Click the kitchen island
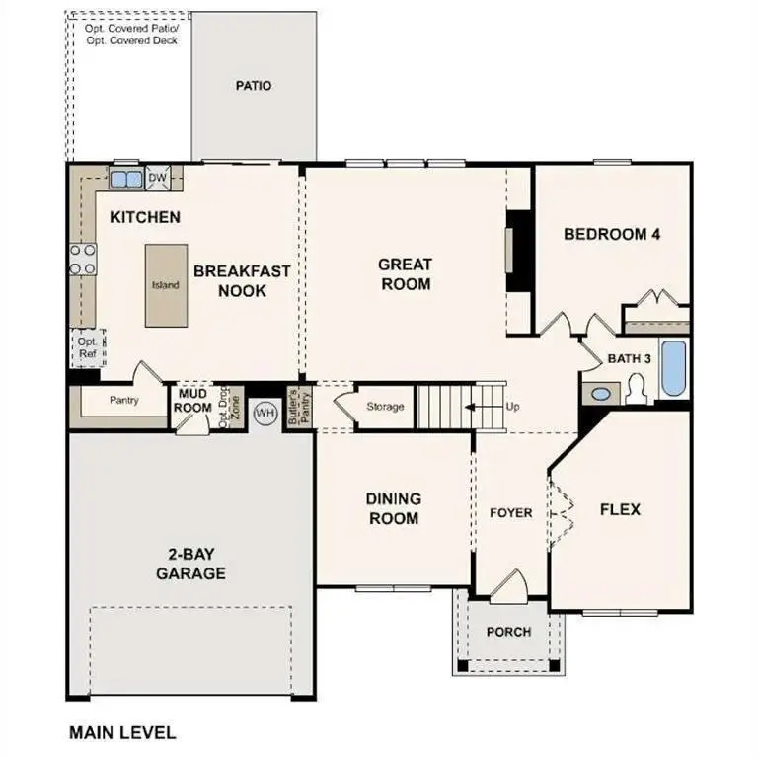coord(165,285)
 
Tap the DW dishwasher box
coord(158,179)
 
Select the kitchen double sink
coord(125,180)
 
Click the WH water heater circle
coord(265,413)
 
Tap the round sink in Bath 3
coord(600,394)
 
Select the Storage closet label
coord(385,407)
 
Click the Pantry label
coord(123,401)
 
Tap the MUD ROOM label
coord(193,401)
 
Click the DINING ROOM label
coord(393,508)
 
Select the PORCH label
coord(509,632)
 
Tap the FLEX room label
coord(621,509)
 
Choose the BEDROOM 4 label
coord(611,234)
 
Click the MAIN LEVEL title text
coord(122,733)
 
